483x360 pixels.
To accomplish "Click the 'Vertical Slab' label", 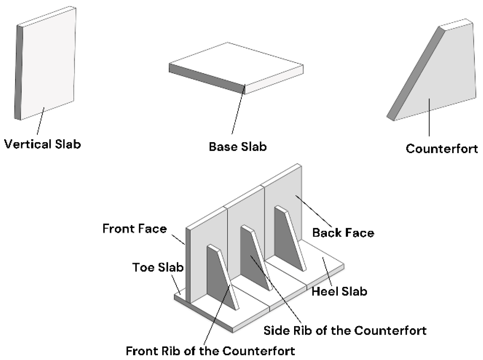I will click(42, 144).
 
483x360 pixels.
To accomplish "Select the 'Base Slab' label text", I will click(238, 147).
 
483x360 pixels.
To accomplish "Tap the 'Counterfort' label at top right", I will click(442, 149).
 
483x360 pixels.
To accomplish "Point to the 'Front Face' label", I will click(134, 229).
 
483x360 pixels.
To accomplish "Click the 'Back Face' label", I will click(343, 233).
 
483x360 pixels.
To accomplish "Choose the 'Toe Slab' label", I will click(158, 267).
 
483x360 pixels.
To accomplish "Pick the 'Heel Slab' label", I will click(339, 291).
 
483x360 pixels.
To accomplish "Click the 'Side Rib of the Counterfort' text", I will click(345, 331).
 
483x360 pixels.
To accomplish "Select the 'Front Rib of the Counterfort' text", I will click(210, 351).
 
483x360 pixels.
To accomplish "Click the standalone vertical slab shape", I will click(47, 64).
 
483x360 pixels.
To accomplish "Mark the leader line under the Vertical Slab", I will click(40, 121).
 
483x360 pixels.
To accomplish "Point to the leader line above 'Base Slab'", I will click(238, 109).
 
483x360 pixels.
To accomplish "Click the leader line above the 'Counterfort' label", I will click(429, 117).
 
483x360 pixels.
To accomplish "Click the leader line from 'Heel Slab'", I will click(327, 271).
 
